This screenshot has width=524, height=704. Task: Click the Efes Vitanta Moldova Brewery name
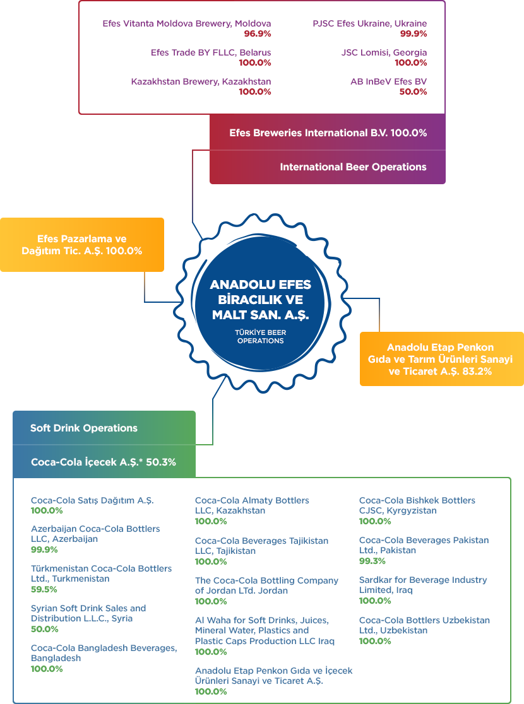(186, 23)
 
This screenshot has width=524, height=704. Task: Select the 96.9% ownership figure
(258, 33)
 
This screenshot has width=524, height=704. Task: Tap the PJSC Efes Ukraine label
(370, 23)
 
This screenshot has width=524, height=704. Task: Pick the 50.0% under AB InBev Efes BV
(413, 91)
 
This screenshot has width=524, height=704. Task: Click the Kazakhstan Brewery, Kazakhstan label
(201, 82)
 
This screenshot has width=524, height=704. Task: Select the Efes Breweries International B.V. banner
(328, 132)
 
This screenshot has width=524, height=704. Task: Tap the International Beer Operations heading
(354, 167)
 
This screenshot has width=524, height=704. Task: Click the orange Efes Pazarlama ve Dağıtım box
(82, 245)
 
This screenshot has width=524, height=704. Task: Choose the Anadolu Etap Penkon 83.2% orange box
(442, 359)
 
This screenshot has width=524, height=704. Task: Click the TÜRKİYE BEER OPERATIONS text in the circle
(261, 337)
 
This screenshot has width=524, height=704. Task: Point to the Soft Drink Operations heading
(83, 428)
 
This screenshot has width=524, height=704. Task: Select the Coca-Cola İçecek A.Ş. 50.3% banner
(104, 462)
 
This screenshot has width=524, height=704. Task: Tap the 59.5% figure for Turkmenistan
(44, 590)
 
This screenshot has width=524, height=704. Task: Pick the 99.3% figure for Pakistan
(372, 561)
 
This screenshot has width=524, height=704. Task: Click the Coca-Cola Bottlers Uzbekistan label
(424, 625)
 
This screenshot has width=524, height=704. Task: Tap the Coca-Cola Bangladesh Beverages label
(104, 653)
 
